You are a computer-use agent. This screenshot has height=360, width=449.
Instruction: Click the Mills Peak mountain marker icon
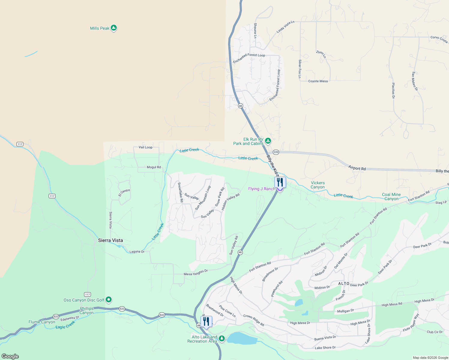113,28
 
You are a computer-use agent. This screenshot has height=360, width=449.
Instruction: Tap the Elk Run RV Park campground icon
268,141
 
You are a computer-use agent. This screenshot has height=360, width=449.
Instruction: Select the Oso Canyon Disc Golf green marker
109,300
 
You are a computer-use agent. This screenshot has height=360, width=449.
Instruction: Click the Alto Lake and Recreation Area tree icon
222,339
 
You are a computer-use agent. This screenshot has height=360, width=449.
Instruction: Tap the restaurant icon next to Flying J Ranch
280,182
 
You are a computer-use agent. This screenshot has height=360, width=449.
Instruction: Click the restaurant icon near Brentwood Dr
206,321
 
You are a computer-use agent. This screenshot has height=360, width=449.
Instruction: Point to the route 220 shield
276,152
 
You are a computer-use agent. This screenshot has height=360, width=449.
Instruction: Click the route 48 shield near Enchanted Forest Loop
240,106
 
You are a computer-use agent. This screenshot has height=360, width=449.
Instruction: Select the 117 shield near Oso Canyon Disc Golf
87,294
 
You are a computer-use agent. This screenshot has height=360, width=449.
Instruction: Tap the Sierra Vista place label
110,240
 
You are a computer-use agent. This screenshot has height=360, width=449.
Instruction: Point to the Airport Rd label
357,168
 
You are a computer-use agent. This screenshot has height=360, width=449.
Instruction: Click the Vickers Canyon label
318,185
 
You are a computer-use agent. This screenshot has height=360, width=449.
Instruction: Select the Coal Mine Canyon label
391,196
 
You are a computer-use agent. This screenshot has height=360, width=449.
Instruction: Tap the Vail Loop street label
146,147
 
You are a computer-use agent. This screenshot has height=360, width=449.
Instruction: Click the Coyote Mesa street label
318,81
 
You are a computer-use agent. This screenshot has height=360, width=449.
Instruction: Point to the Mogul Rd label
154,167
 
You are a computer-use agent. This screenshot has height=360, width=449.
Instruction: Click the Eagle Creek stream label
65,325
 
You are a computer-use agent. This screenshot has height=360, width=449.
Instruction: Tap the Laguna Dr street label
137,252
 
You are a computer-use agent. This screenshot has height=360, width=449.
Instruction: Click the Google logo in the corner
10,356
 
